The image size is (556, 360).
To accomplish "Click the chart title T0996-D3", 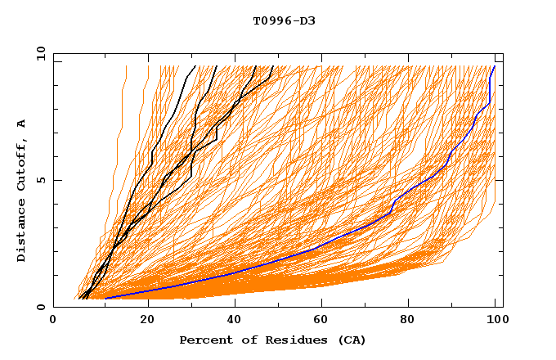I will click(284, 20).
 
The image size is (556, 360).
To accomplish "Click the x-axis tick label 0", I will click(53, 321).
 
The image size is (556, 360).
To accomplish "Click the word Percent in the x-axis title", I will click(202, 340).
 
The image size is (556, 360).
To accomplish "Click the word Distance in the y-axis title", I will click(22, 232).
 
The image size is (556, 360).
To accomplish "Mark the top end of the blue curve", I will click(494, 66).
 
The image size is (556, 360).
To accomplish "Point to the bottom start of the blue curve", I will click(105, 299).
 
